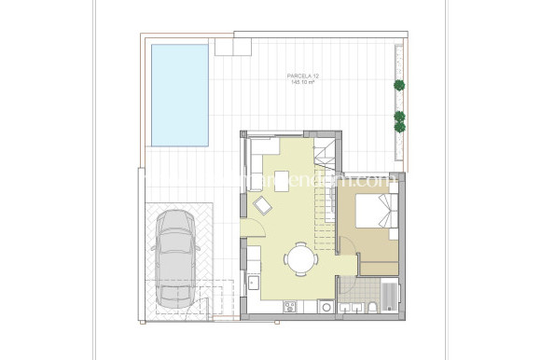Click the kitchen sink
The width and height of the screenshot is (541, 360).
click(x=252, y=279)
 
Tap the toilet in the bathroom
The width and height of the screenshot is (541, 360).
click(x=372, y=307)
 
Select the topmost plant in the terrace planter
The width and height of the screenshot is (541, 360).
click(x=399, y=85)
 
